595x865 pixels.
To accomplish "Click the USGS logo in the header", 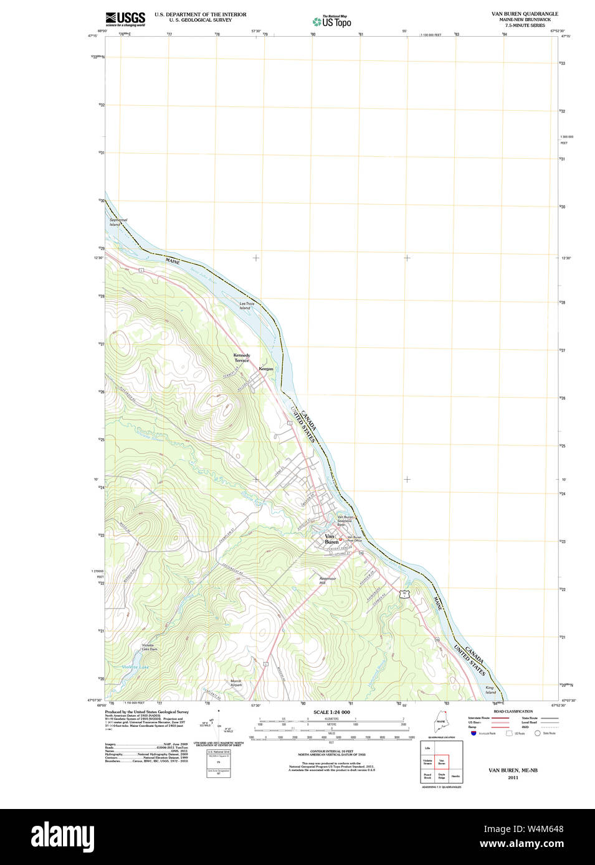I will tap(125, 19).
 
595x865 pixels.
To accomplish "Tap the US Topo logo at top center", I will tap(332, 22).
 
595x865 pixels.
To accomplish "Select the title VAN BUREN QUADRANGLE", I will tap(525, 14).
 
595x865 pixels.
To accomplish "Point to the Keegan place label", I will tap(266, 369).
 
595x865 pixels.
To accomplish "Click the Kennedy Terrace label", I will tap(242, 358).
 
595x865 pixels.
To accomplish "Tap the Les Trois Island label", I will tap(246, 306).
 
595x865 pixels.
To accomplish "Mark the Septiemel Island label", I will tap(118, 222).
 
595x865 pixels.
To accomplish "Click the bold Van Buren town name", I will tap(331, 539).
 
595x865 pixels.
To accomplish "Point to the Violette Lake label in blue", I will tap(135, 667).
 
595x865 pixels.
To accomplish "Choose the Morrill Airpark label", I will tap(236, 683).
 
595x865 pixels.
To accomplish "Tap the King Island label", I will tap(490, 690).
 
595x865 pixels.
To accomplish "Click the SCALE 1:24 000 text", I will tap(331, 712).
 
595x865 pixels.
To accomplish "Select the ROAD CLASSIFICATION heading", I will tap(513, 711).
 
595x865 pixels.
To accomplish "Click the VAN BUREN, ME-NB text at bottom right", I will tap(513, 770).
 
